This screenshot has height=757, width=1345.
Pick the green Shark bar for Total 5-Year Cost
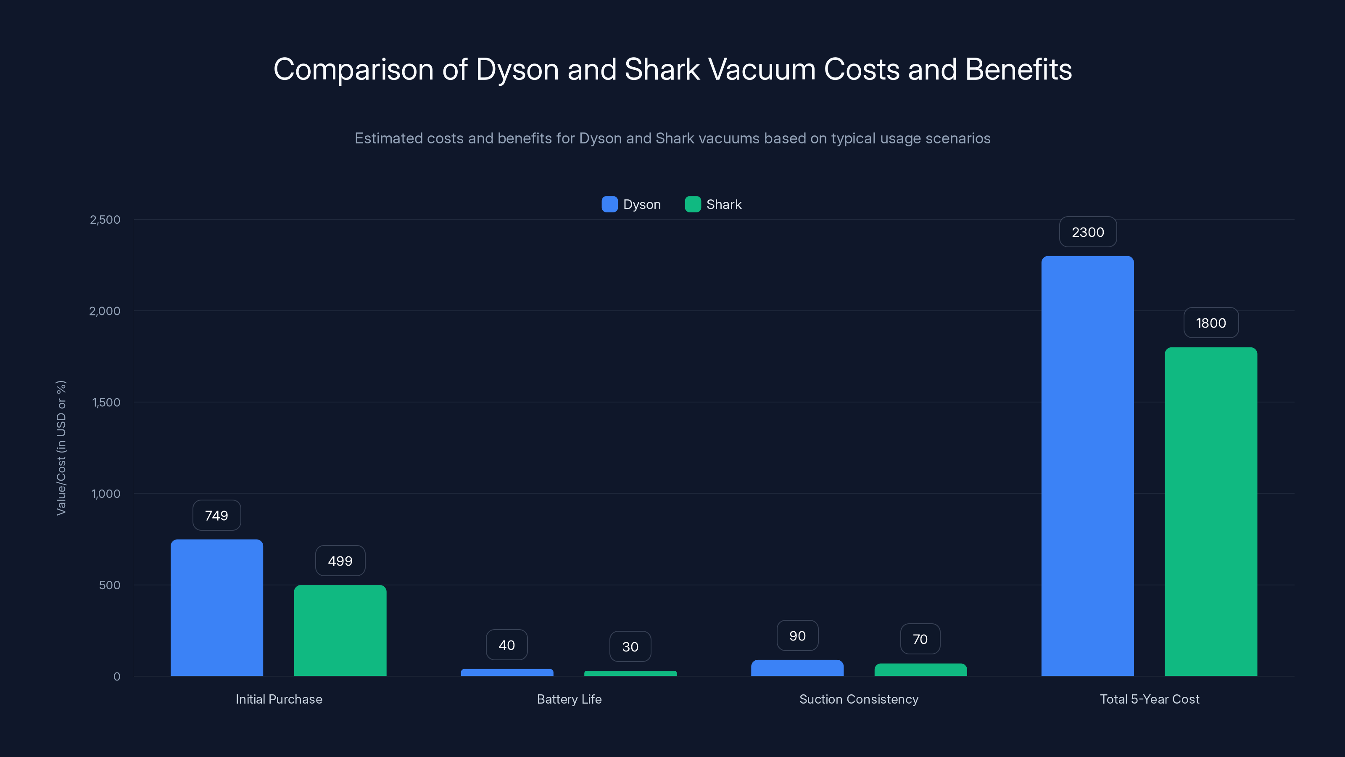[x=1210, y=511]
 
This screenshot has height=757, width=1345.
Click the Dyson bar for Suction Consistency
[x=797, y=668]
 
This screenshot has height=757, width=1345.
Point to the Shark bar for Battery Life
[x=630, y=673]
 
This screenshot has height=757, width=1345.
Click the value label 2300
[x=1088, y=232]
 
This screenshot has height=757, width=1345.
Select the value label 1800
[x=1210, y=323]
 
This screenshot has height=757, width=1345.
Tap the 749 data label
[x=217, y=516]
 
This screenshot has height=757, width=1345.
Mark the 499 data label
[x=340, y=561]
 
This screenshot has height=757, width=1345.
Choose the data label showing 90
[x=797, y=636]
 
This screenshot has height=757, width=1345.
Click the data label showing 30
[x=630, y=647]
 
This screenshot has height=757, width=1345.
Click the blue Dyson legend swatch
[x=609, y=204]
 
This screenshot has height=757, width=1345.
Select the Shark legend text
[x=724, y=204]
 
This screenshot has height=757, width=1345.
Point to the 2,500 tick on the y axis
[x=105, y=220]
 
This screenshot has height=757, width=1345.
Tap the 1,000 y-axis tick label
[x=106, y=494]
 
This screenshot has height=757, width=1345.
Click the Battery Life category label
[x=569, y=699]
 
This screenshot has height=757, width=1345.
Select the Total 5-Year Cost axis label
[x=1149, y=699]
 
